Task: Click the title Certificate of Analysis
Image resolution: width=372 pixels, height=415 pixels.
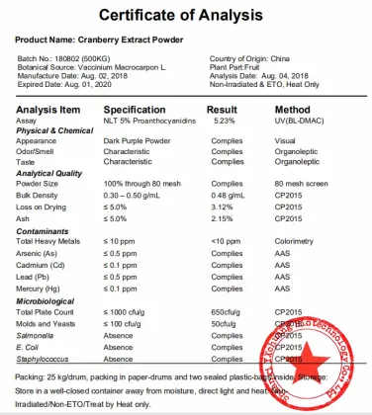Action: click(185, 16)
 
